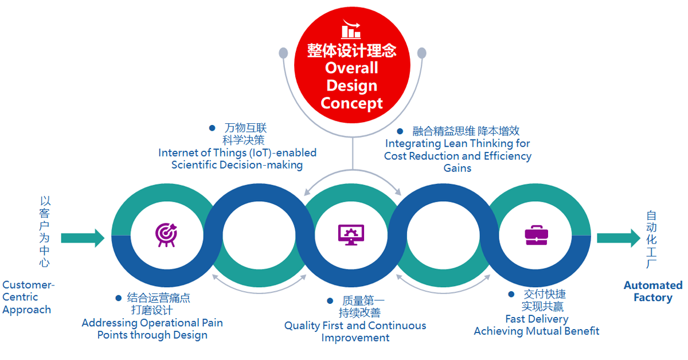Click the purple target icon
click(166, 234)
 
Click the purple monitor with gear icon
click(351, 234)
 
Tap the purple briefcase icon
click(536, 234)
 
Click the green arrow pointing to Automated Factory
click(618, 237)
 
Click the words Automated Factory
click(653, 291)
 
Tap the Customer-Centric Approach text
click(28, 297)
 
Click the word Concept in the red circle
click(351, 104)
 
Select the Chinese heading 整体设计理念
click(351, 50)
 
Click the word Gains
click(458, 168)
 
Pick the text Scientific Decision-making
click(237, 165)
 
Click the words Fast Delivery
click(537, 319)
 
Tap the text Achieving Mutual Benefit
click(537, 331)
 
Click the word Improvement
click(355, 338)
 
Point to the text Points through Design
click(152, 335)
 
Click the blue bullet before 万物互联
click(212, 128)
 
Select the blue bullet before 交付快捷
click(511, 294)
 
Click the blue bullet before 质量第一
click(330, 300)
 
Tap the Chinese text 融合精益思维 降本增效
click(466, 131)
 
